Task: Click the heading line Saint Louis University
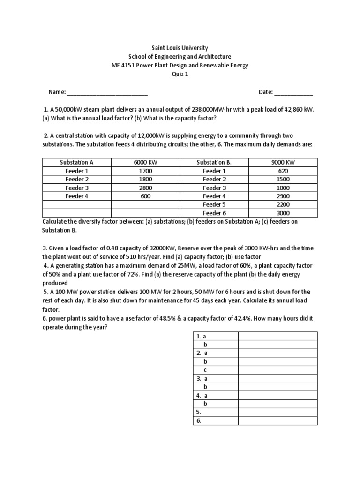(180, 48)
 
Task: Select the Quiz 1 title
(180, 74)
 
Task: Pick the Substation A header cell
(77, 162)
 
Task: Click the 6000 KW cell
(145, 162)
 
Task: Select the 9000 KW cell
(283, 162)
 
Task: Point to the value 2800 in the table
(145, 187)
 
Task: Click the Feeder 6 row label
(214, 213)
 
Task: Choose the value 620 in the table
(283, 171)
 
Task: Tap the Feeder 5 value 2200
(283, 204)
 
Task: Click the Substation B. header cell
(214, 162)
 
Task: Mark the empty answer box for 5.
(277, 412)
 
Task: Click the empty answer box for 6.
(277, 420)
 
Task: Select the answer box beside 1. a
(277, 336)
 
